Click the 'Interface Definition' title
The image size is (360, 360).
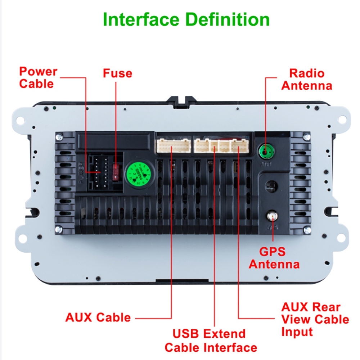186,19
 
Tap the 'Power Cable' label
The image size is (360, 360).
38,77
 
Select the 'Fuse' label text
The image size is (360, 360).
117,73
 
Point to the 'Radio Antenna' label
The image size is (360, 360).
307,80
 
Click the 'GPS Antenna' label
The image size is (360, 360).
274,257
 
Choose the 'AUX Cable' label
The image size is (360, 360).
98,317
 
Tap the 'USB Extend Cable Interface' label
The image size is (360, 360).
211,340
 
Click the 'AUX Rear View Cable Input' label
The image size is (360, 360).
315,319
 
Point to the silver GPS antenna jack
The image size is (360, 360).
272,217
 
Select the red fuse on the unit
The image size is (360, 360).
116,171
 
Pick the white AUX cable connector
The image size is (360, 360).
172,146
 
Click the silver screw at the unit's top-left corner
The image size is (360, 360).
59,136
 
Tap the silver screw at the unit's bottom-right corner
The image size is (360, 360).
306,229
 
